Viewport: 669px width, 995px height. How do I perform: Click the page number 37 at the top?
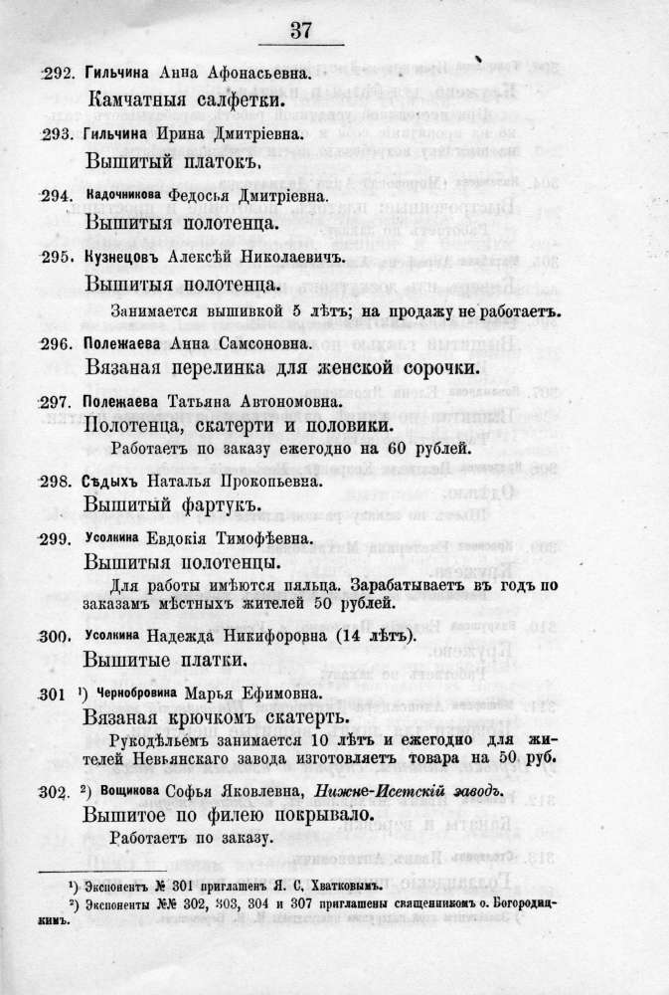tap(300, 30)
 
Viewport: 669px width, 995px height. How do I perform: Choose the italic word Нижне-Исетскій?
tap(380, 791)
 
